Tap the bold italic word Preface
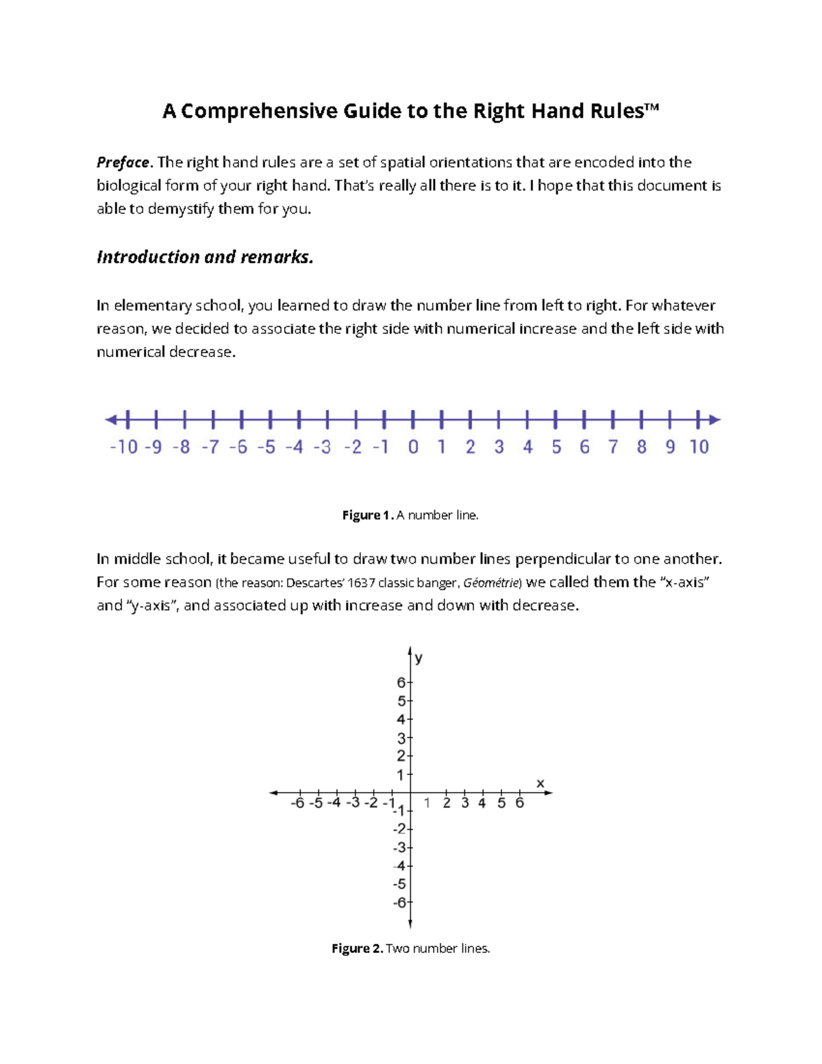(123, 162)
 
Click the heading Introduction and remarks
(205, 257)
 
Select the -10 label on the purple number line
(124, 447)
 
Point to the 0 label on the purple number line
(413, 447)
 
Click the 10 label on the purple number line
(699, 447)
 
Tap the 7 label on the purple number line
(613, 447)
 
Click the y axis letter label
(419, 658)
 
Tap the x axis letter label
(540, 783)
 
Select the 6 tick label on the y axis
(401, 682)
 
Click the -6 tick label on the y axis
(399, 902)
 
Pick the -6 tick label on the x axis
(297, 803)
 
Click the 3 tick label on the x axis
(465, 803)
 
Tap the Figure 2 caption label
(357, 949)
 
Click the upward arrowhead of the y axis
(410, 650)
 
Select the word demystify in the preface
(181, 209)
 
